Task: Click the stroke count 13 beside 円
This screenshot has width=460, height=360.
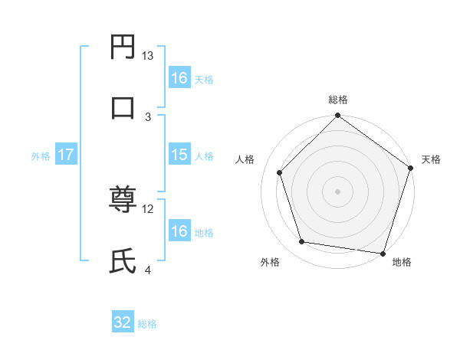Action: pos(148,56)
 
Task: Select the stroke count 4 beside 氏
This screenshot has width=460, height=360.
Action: pos(148,270)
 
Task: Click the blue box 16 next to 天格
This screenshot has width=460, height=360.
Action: pos(179,77)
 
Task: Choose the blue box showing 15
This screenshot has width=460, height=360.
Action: pos(179,155)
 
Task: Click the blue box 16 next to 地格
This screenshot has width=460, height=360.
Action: pos(179,231)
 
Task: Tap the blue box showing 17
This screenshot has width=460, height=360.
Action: pos(66,155)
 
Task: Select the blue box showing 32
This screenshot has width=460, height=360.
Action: pos(123,322)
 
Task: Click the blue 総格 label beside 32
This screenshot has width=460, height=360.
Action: pos(147,324)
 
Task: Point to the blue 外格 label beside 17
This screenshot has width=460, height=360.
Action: pos(41,156)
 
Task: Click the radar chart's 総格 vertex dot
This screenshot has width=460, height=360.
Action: pos(337,116)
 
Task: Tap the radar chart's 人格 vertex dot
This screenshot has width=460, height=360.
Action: pos(280,172)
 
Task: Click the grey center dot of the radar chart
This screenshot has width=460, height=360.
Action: pos(337,191)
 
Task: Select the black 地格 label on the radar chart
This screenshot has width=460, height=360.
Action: pos(402,263)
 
